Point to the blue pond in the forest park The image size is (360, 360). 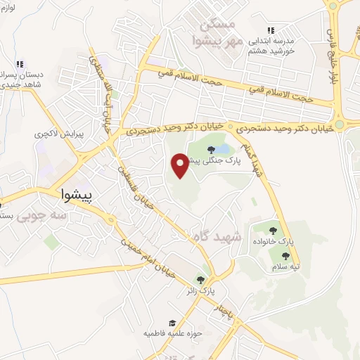pyautogui.click(x=223, y=150)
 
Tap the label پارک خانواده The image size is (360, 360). pyautogui.click(x=274, y=241)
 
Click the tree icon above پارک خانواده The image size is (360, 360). pyautogui.click(x=273, y=230)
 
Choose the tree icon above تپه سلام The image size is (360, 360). pyautogui.click(x=285, y=256)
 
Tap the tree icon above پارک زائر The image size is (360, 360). pyautogui.click(x=201, y=280)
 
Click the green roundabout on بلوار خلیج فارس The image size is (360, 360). pyautogui.click(x=340, y=125)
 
